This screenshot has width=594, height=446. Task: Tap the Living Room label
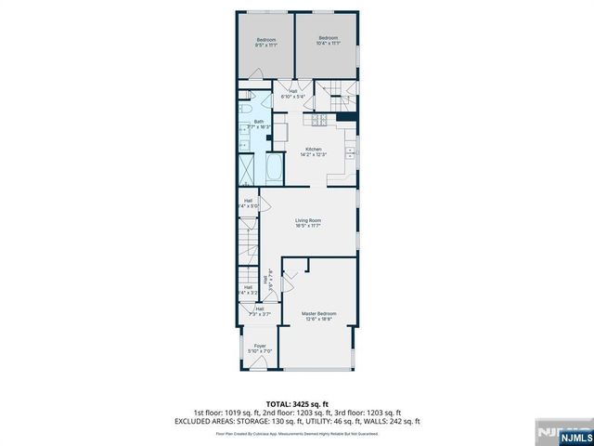(308, 222)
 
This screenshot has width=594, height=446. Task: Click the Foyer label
(261, 348)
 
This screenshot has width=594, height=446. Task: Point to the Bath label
(259, 122)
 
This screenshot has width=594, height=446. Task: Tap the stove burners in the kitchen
(320, 119)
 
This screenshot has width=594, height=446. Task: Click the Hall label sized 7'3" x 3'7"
(260, 311)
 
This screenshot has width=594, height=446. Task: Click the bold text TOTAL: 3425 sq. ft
(297, 403)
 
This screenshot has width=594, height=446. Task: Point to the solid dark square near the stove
(346, 117)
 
